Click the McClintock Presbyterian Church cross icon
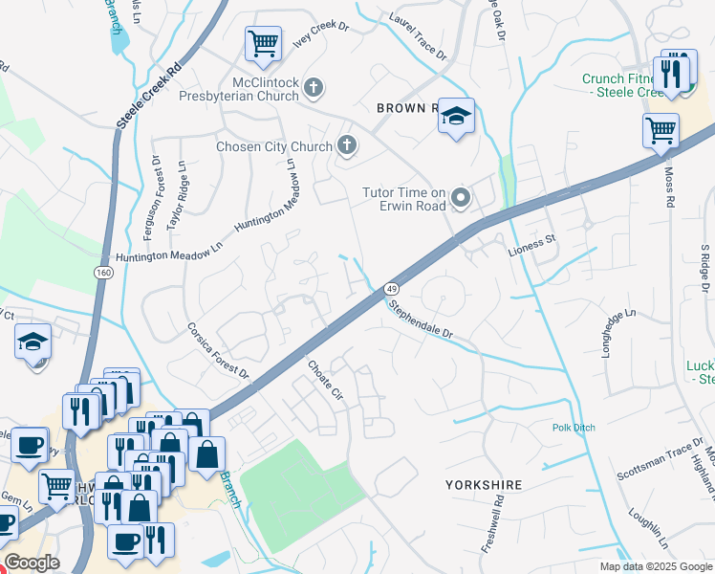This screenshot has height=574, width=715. pos(313,89)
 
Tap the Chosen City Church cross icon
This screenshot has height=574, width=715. pos(346,146)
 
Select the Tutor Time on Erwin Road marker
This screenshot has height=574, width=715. pos(461,199)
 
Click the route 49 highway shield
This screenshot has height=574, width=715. pos(391,288)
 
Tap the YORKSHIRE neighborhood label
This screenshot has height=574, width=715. pos(484,485)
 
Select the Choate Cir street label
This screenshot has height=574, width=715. pos(324,380)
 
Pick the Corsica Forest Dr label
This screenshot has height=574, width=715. pos(217,350)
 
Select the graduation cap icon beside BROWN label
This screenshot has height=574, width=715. pos(457,118)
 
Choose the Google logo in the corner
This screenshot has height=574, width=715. pos(32,563)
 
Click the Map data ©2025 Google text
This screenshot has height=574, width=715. pos(656,566)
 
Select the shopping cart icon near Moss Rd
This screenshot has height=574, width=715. pos(660,131)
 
